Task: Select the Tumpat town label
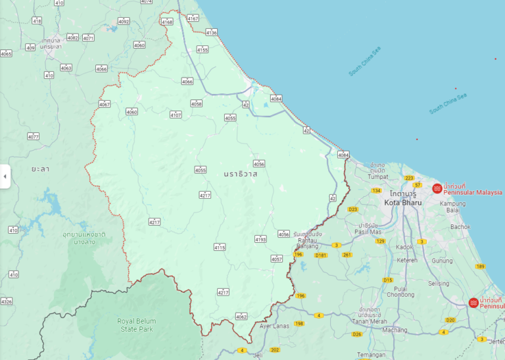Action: pyautogui.click(x=377, y=176)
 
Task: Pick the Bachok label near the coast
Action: pyautogui.click(x=461, y=226)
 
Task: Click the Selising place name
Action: pyautogui.click(x=439, y=284)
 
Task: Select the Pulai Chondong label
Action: pyautogui.click(x=400, y=292)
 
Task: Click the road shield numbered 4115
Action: pyautogui.click(x=220, y=247)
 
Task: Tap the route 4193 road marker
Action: pyautogui.click(x=260, y=240)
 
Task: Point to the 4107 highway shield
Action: pyautogui.click(x=176, y=115)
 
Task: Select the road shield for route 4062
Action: pyautogui.click(x=241, y=317)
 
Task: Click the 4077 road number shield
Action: pyautogui.click(x=34, y=137)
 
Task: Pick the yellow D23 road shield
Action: pyautogui.click(x=352, y=209)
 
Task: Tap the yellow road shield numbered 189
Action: pyautogui.click(x=480, y=267)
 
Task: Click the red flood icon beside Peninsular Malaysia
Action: pyautogui.click(x=437, y=189)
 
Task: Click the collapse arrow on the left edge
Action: pyautogui.click(x=5, y=176)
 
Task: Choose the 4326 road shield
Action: pyautogui.click(x=7, y=301)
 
